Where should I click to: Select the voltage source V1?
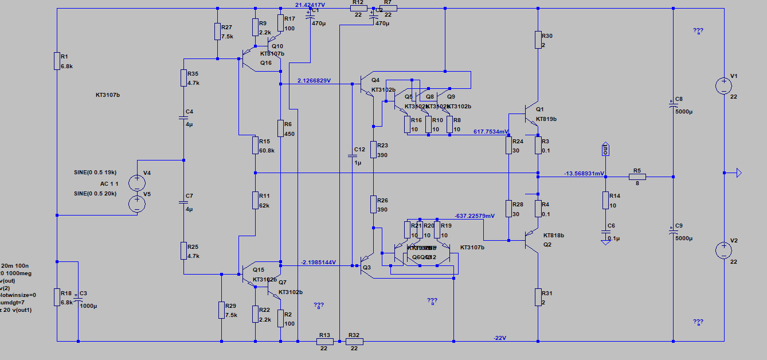(x=723, y=86)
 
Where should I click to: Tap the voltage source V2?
(x=723, y=251)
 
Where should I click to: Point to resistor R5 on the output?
(x=636, y=177)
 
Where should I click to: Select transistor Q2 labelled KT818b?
(x=531, y=241)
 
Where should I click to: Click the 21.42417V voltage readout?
(x=310, y=5)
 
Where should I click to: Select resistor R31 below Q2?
(x=538, y=297)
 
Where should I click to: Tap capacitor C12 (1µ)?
(x=351, y=155)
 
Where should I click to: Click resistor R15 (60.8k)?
(x=255, y=145)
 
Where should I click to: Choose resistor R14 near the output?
(x=605, y=200)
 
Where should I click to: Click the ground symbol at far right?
(x=738, y=173)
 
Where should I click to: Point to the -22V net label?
(x=500, y=338)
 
